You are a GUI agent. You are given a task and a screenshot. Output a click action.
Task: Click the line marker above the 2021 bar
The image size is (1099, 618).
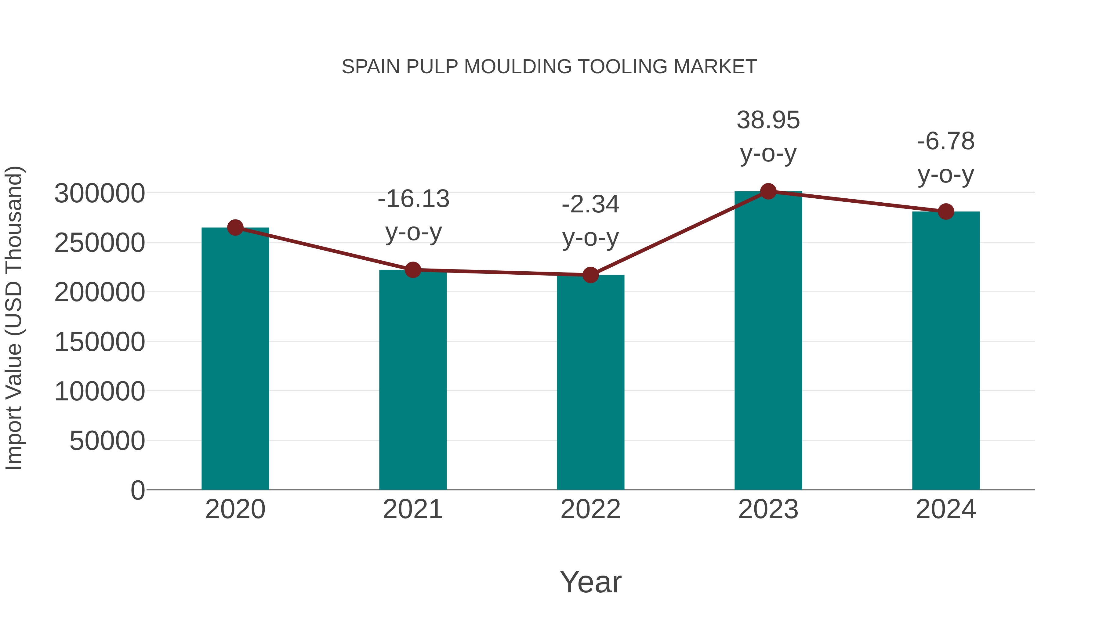pyautogui.click(x=412, y=269)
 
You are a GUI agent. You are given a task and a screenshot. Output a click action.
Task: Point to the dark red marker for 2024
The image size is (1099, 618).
pyautogui.click(x=946, y=211)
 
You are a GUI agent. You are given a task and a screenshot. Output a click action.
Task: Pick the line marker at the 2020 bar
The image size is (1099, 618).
pyautogui.click(x=235, y=227)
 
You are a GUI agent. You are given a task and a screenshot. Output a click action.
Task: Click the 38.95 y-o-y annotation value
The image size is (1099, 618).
pyautogui.click(x=768, y=120)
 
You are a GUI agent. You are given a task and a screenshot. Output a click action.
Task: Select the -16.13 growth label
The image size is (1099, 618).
pyautogui.click(x=413, y=199)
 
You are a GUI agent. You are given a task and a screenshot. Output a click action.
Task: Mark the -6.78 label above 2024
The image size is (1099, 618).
pyautogui.click(x=946, y=141)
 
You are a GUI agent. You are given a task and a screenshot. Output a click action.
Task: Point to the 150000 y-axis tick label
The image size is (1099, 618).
pyautogui.click(x=100, y=342)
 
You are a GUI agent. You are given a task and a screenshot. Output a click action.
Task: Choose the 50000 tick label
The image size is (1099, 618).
pyautogui.click(x=107, y=441)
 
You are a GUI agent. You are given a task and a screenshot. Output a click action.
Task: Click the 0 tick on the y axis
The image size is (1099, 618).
pyautogui.click(x=138, y=490)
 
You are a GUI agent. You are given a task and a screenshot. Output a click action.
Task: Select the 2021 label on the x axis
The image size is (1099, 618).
pyautogui.click(x=412, y=509)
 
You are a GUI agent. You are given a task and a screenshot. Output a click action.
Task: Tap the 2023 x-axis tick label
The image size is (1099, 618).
pyautogui.click(x=768, y=509)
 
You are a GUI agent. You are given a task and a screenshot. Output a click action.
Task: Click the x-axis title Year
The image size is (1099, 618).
pyautogui.click(x=590, y=582)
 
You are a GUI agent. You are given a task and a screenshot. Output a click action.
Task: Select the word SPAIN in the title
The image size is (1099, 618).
pyautogui.click(x=371, y=67)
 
